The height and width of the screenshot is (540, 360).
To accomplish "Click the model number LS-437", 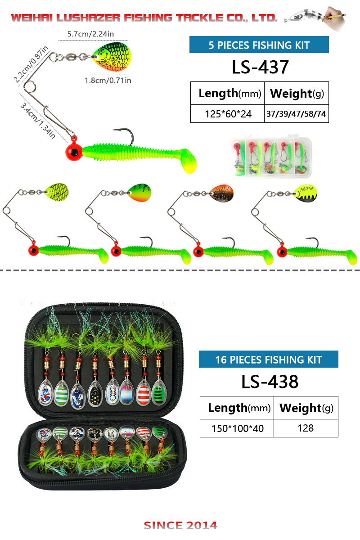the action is point(260,67).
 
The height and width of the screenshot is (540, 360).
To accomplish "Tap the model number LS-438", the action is point(269,382).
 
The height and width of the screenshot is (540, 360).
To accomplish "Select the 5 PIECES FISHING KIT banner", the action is point(259,45).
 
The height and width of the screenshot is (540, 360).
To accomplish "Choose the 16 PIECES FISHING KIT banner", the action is point(268,360).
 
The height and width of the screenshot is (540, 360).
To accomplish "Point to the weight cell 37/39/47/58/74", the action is point(296,114).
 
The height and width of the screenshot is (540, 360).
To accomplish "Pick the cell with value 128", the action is point(306,428).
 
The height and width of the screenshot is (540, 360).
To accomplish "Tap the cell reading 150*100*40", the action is point(237,428).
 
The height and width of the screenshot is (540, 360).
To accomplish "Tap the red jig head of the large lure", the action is point(73,152).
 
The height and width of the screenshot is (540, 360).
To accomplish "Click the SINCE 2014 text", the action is point(180,525).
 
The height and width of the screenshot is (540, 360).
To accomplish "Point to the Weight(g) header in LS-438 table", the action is point(306,408).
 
